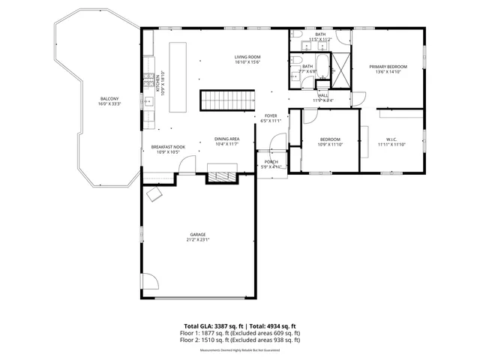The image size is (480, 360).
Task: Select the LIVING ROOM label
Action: [247, 56]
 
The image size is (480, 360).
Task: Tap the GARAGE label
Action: [198, 235]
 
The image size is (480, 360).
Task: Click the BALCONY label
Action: [109, 99]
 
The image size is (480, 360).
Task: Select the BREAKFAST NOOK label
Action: [165, 147]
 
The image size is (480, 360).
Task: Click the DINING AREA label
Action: [226, 139]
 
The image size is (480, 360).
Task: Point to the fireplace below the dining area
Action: [222, 176]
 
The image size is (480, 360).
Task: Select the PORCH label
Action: [271, 161]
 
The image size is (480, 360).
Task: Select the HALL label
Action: [323, 95]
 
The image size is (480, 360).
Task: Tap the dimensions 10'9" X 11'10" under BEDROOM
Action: [330, 145]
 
